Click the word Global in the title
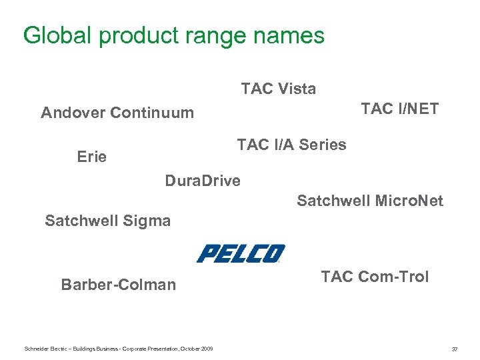tap(55, 35)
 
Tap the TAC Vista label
tap(279, 89)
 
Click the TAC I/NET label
tap(399, 109)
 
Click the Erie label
tap(92, 157)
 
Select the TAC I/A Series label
tap(291, 145)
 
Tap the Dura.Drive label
tap(203, 181)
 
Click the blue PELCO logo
tap(241, 253)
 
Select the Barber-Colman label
tap(119, 285)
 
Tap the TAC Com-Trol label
tap(375, 277)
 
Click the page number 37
tap(455, 349)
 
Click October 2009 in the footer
tap(197, 349)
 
